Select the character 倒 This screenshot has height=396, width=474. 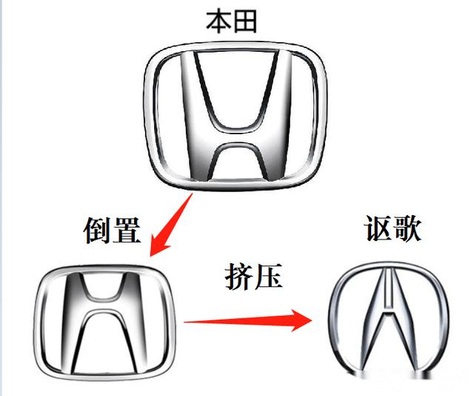pyautogui.click(x=98, y=231)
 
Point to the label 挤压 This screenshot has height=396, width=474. pyautogui.click(x=254, y=276)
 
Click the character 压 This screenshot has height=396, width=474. pyautogui.click(x=270, y=276)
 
